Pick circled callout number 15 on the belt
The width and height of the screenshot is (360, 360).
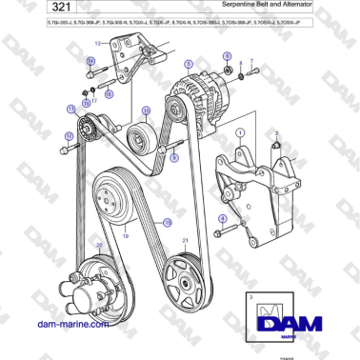168,221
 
